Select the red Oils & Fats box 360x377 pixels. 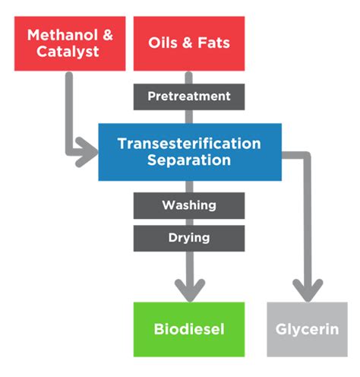tap(189, 43)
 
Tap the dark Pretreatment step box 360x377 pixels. tap(189, 97)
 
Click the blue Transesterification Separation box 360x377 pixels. tap(189, 151)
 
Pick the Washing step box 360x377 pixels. tap(189, 205)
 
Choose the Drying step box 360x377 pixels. tap(189, 238)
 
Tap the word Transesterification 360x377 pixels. tap(189, 144)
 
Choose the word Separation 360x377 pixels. tap(189, 160)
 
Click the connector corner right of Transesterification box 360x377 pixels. tap(307, 157)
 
